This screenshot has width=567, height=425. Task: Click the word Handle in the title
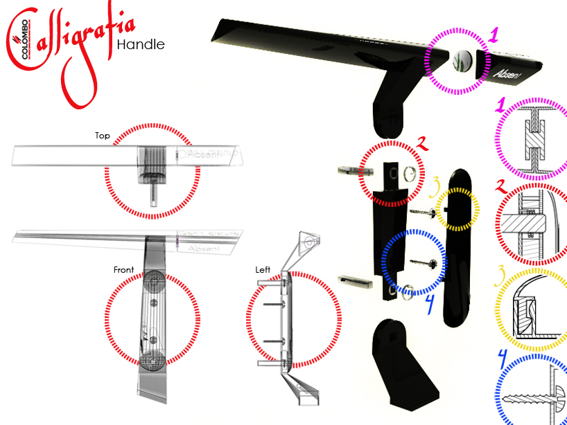(x=141, y=45)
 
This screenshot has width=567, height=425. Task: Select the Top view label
(x=103, y=136)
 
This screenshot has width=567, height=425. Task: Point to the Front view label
(x=123, y=269)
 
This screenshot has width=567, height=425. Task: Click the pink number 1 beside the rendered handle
(x=493, y=35)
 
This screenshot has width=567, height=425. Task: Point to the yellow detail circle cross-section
(x=532, y=312)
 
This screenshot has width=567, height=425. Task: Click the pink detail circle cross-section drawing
(x=533, y=138)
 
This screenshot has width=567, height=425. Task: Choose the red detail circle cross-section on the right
(x=532, y=225)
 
